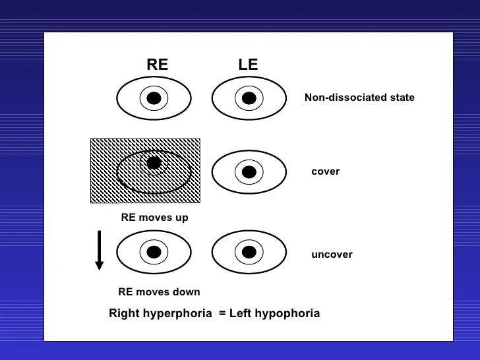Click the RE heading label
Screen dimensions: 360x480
[x=157, y=65]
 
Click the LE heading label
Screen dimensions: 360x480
[x=248, y=65]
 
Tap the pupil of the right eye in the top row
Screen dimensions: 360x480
[x=154, y=98]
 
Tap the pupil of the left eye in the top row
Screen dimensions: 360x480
[x=249, y=98]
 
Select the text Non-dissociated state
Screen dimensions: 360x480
[x=359, y=98]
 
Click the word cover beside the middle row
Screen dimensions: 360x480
[x=325, y=171]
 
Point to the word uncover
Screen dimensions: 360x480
[x=332, y=255]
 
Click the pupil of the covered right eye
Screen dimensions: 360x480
[x=154, y=162]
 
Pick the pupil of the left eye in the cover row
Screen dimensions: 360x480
[x=249, y=172]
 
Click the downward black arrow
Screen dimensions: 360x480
[x=99, y=250]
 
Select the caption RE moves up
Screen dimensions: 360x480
[x=154, y=218]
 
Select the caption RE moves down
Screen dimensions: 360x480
[x=159, y=292]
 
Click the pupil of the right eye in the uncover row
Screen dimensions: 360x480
[x=154, y=252]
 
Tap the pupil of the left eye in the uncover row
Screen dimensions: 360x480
[x=249, y=252]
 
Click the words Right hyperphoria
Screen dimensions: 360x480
[x=161, y=313]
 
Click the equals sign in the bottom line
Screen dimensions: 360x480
[x=222, y=313]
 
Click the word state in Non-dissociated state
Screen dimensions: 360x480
[x=401, y=98]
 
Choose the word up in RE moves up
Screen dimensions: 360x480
[x=181, y=218]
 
